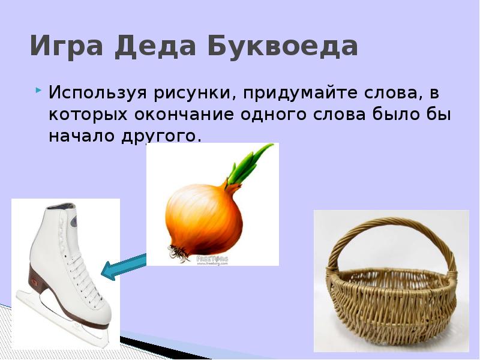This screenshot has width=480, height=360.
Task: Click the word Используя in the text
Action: (x=100, y=94)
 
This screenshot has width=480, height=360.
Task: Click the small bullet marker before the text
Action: (x=38, y=91)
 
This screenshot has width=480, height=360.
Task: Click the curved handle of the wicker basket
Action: (x=390, y=231)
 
